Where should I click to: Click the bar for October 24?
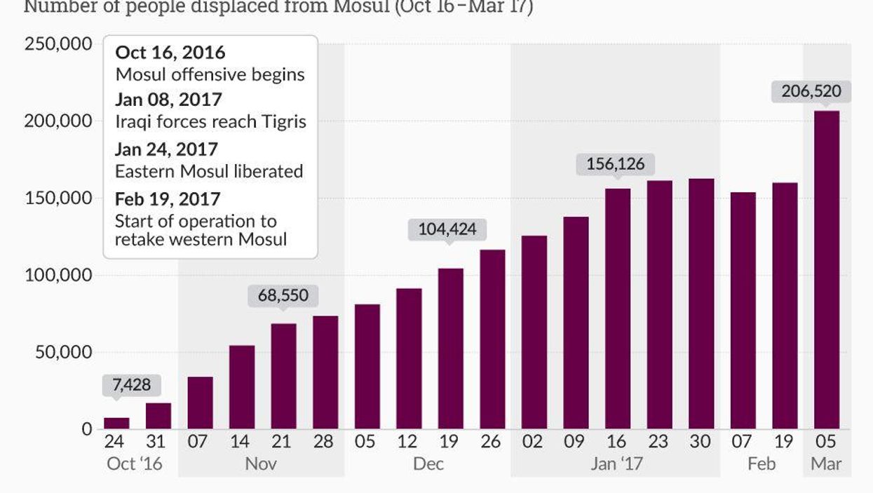coord(116,423)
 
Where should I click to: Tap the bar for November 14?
coord(242,387)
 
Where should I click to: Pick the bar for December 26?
coord(492,339)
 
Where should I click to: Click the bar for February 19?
coord(785,306)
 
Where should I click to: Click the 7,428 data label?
coord(131,385)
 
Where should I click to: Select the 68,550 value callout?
coord(283,295)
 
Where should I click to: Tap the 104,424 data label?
coord(448,229)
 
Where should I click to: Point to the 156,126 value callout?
coord(615,164)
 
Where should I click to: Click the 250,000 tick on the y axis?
coord(58,43)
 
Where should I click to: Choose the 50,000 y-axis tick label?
coord(63,352)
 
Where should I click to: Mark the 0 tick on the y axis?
coord(87,429)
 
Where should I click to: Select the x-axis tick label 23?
coord(659,442)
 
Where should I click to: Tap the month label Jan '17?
coord(616,464)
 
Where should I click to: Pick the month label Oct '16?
coord(134,464)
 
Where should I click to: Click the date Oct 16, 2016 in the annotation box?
coord(170,53)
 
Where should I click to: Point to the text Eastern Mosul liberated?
coord(209,171)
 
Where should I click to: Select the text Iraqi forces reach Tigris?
coord(210,121)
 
